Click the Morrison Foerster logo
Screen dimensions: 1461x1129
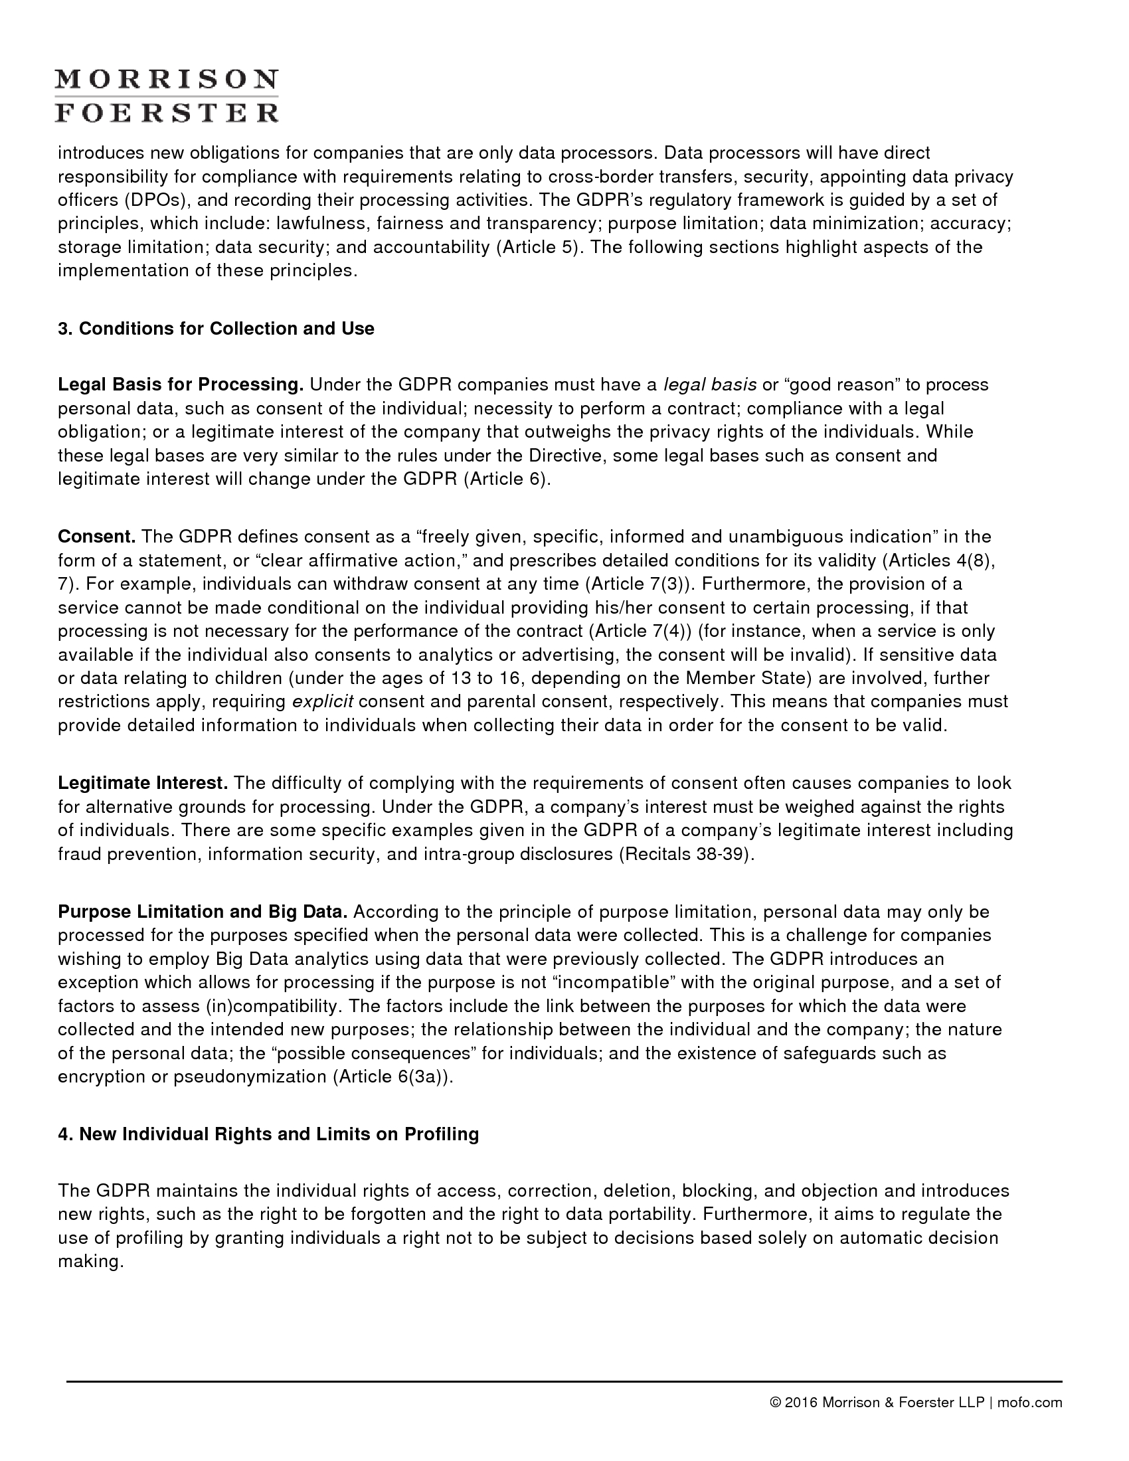(x=166, y=96)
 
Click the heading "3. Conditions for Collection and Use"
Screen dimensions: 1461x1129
(x=216, y=329)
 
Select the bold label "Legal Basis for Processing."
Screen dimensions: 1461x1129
(x=181, y=385)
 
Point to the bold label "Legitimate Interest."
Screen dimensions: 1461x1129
(x=143, y=783)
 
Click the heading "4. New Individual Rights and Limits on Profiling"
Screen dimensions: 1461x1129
(x=268, y=1134)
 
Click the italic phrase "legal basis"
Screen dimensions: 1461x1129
(x=710, y=385)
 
